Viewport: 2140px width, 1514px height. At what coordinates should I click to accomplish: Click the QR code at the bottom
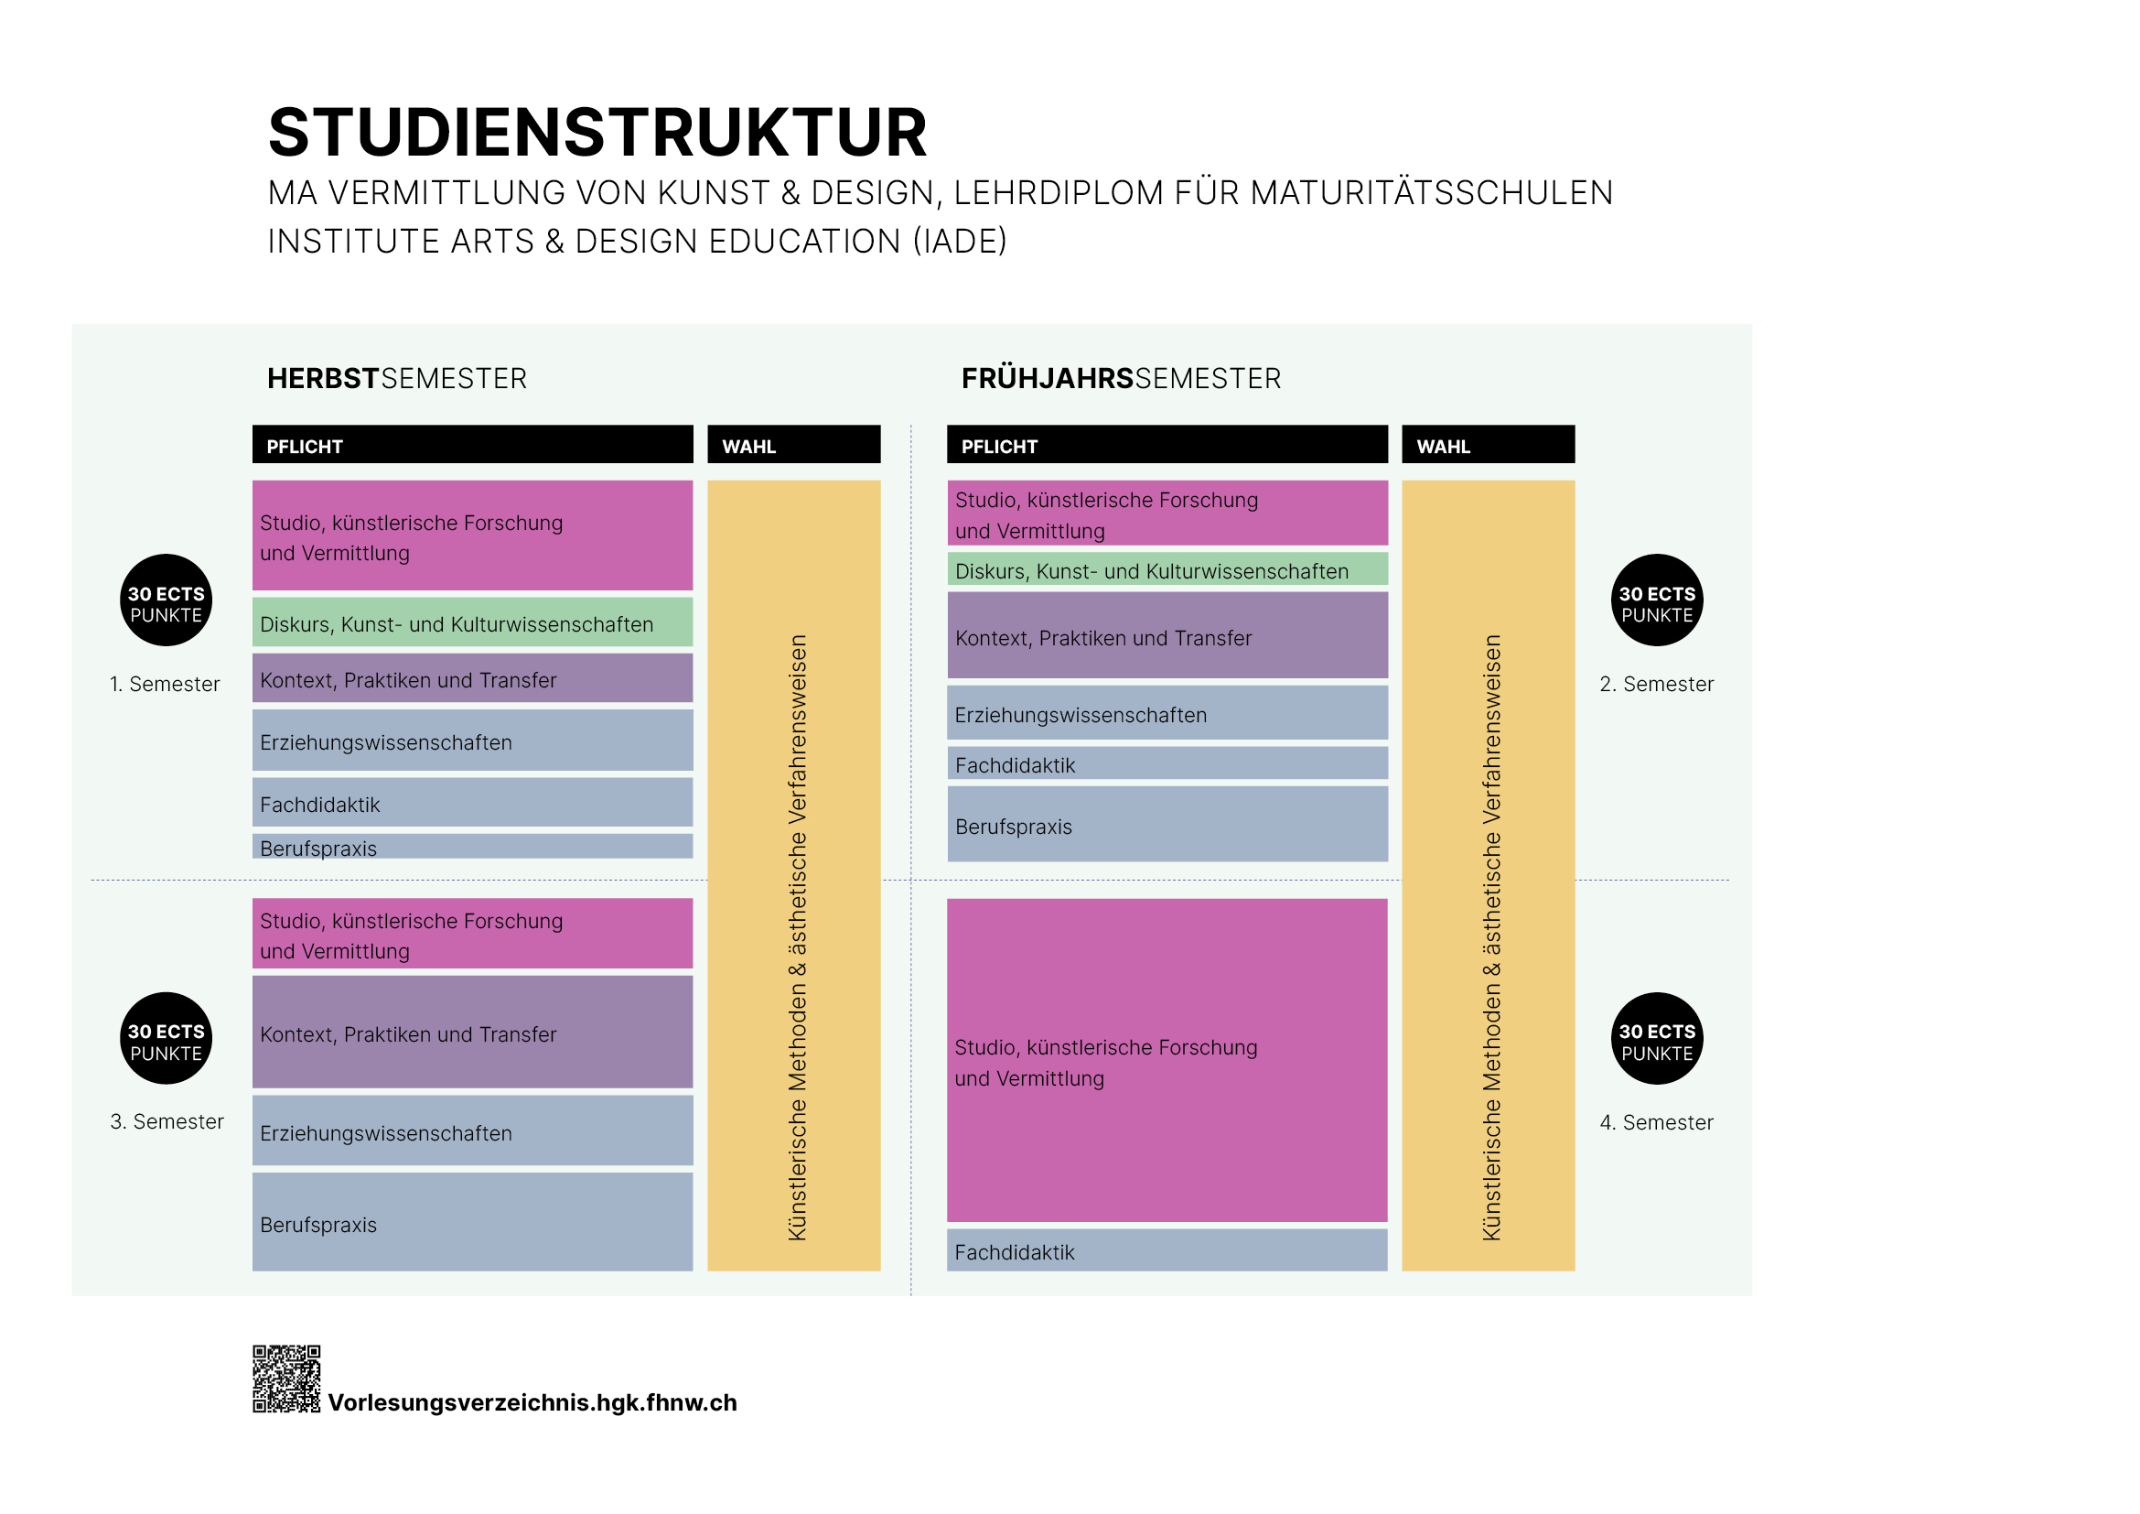[286, 1378]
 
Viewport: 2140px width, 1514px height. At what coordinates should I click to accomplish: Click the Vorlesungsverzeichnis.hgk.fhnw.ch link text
[532, 1402]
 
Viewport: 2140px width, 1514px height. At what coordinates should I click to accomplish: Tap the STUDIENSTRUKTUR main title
[597, 133]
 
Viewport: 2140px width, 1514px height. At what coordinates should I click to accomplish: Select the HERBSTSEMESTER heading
[397, 379]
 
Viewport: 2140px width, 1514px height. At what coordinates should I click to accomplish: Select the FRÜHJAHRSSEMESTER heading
[1121, 379]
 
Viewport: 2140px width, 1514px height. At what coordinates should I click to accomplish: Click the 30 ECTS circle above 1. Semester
[166, 600]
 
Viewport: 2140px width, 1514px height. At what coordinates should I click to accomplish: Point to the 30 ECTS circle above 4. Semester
[1656, 1038]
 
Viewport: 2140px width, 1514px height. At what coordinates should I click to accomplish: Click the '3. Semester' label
[167, 1121]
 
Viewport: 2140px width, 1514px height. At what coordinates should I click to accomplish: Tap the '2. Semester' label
[1656, 685]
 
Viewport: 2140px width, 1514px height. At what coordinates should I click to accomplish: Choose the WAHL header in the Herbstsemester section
[793, 445]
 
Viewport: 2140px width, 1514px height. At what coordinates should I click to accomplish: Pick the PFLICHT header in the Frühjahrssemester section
[1167, 445]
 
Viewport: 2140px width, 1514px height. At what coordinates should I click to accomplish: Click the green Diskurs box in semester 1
[472, 622]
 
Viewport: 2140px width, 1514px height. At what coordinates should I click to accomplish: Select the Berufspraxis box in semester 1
[472, 847]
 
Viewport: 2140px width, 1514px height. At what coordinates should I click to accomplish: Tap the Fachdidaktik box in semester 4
[1167, 1250]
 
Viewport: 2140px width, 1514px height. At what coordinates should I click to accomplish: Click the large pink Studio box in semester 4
[1167, 1060]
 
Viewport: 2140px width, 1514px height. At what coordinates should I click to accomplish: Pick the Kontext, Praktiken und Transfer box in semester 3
[472, 1032]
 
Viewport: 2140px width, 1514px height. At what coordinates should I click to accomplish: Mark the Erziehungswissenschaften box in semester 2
[1167, 713]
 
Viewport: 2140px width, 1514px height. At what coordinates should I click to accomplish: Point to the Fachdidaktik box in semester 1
[472, 803]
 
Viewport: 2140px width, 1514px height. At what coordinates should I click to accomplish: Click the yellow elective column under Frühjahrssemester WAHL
[1488, 875]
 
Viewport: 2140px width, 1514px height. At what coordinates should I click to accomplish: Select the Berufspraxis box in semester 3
[472, 1222]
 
